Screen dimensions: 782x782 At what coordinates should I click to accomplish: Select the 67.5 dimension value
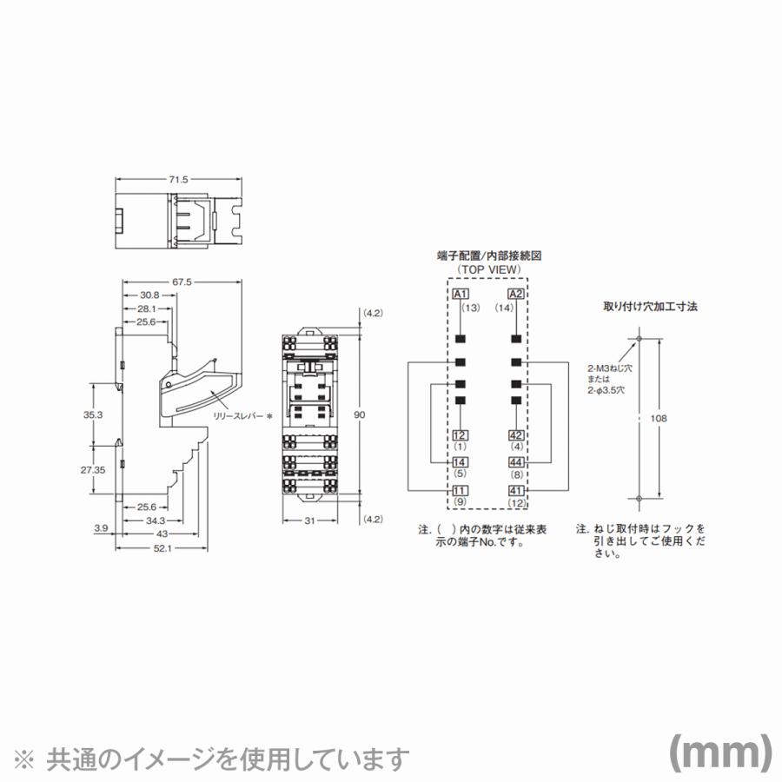tap(182, 282)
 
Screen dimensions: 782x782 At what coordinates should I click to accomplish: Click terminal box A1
tap(461, 294)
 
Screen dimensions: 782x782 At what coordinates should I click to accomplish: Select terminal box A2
tap(516, 294)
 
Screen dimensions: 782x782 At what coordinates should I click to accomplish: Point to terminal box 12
tap(461, 435)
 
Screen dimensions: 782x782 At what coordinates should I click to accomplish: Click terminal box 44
tap(516, 463)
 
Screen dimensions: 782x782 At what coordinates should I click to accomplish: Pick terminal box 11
tap(461, 491)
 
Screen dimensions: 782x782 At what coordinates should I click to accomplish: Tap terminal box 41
tap(516, 491)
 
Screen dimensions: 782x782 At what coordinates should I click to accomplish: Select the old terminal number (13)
tap(470, 308)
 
